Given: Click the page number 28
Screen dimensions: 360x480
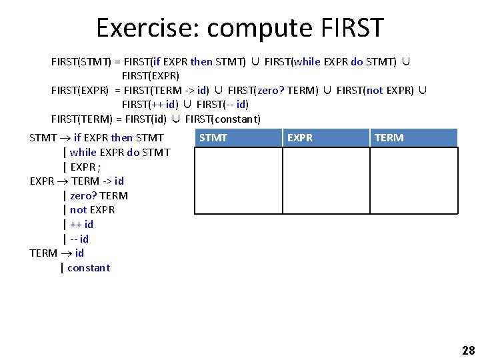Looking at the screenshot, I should (x=467, y=351).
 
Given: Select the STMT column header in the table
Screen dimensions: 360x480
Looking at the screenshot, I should (x=213, y=138).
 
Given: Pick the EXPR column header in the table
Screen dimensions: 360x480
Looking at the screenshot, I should (x=299, y=138).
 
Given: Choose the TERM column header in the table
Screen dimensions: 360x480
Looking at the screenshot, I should (x=389, y=138).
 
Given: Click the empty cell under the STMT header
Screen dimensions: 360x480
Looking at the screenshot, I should (x=238, y=180).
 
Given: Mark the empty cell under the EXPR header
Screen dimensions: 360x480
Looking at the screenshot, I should (x=326, y=180).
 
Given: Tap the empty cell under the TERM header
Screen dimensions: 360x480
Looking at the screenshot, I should (x=414, y=180).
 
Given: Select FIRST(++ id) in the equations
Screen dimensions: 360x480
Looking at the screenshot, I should (x=150, y=105).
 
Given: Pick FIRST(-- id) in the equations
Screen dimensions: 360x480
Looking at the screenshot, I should (x=223, y=105).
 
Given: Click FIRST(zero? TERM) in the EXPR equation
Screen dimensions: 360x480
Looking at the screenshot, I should (x=273, y=90).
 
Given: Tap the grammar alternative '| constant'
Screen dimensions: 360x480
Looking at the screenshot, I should (x=85, y=268).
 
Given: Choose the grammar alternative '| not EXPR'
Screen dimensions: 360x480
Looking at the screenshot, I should (x=89, y=210).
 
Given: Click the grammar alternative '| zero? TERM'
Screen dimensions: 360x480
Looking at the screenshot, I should (x=95, y=195).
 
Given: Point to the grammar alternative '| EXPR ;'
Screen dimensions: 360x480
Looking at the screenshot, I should (x=82, y=167).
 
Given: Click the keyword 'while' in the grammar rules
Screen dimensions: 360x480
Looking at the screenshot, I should (x=83, y=152).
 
